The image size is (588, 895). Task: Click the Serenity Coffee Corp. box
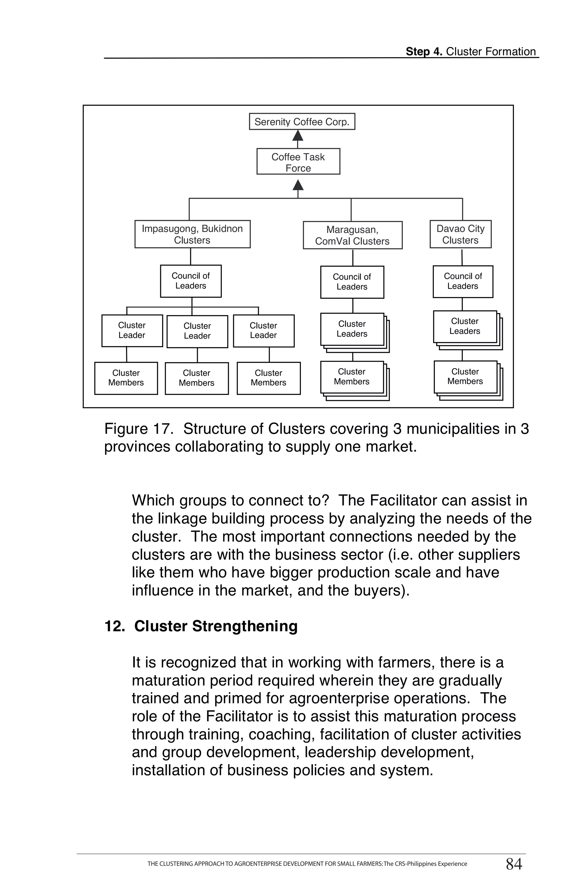click(x=301, y=121)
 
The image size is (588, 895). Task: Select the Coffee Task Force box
click(x=298, y=162)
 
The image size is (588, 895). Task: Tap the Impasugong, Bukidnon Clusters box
click(x=192, y=234)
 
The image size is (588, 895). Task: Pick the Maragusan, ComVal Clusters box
click(x=352, y=235)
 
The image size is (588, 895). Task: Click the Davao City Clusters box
click(x=460, y=234)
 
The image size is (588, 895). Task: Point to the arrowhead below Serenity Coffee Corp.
click(x=298, y=135)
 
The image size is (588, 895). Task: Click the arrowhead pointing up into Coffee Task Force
click(x=298, y=185)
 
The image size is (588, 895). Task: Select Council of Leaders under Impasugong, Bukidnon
click(x=191, y=281)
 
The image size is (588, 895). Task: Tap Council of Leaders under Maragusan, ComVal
click(x=352, y=282)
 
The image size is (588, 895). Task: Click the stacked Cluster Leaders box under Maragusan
click(x=352, y=329)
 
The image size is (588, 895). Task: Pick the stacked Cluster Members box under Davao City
click(x=465, y=377)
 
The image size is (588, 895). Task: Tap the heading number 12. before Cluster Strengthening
click(x=114, y=626)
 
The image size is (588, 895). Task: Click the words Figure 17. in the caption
click(x=138, y=429)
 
